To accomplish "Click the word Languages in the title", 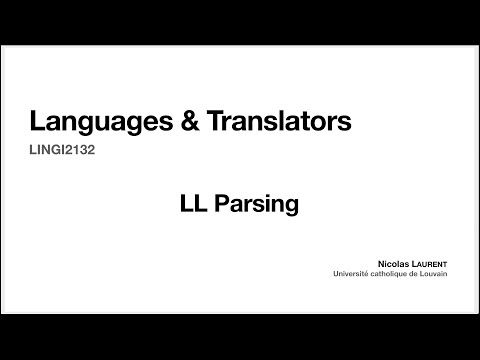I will pos(93,123).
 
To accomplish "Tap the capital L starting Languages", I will pos(36,123).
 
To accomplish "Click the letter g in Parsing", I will pos(293,207).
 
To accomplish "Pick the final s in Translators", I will pos(346,124).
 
